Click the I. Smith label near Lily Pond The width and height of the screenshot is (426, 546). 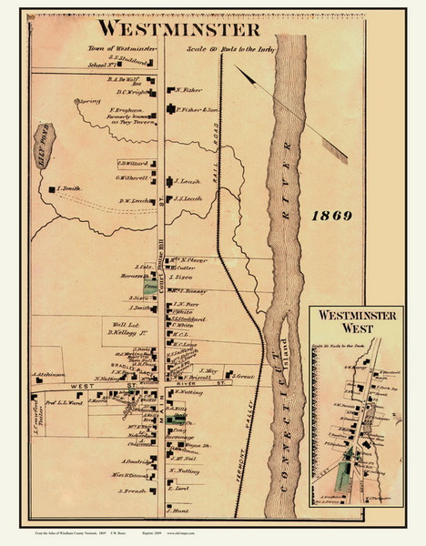pos(69,188)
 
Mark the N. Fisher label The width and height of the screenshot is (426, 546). pos(188,90)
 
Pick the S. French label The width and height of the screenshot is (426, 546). pos(131,491)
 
